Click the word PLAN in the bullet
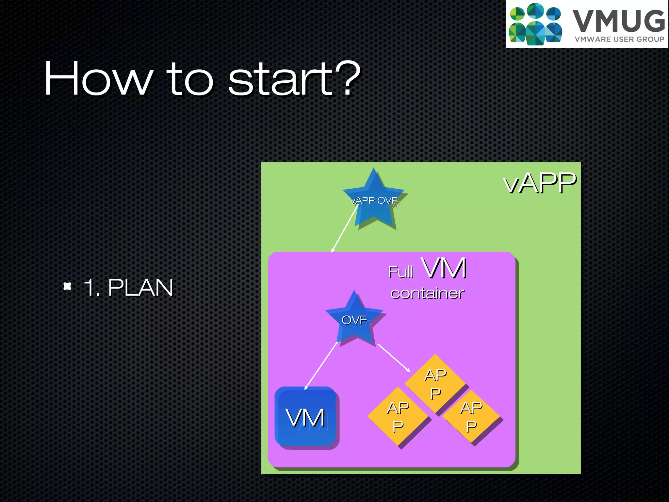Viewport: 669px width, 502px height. (140, 288)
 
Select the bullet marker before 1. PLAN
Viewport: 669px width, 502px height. (67, 286)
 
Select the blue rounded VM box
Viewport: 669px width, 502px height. (306, 417)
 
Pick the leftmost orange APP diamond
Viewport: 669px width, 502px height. (398, 416)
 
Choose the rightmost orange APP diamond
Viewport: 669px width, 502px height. (471, 416)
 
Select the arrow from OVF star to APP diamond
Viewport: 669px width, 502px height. (394, 358)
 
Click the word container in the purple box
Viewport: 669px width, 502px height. (427, 293)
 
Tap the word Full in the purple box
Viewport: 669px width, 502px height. (400, 272)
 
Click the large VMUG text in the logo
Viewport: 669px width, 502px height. (619, 21)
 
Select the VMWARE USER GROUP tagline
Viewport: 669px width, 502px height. (619, 39)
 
